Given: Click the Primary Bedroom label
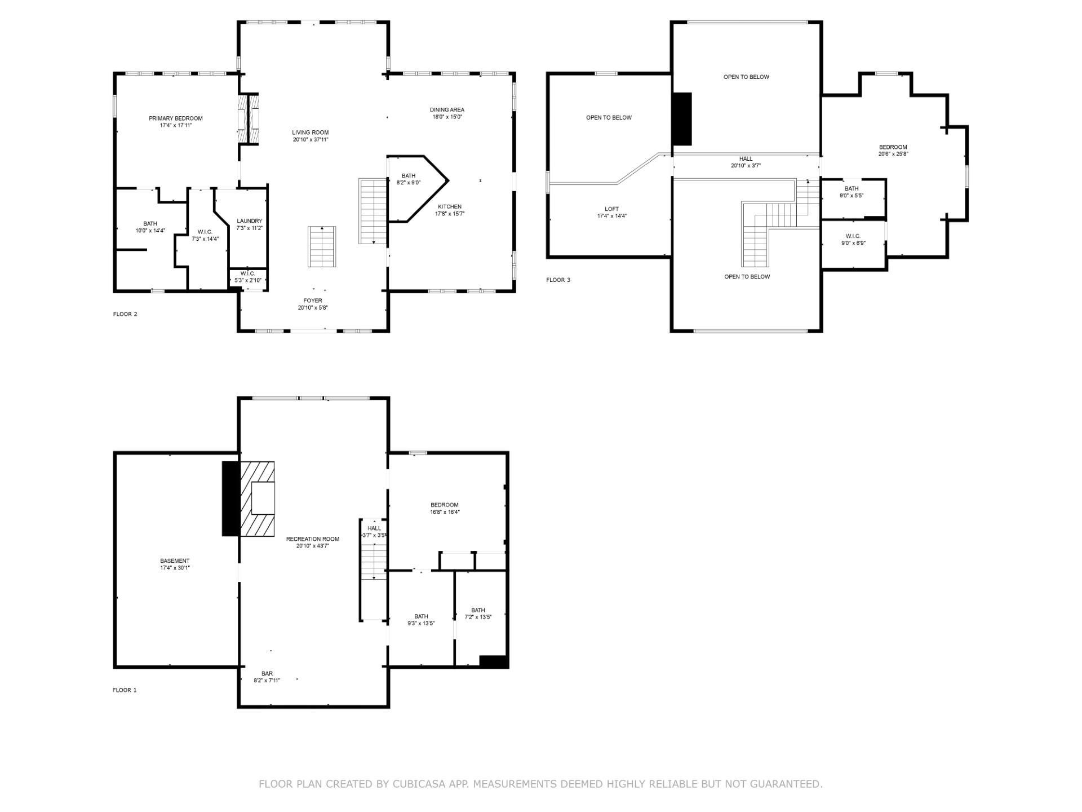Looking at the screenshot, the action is pos(176,118).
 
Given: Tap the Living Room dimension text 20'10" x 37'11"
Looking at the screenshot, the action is pos(311,140).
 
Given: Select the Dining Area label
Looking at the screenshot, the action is pos(447,110).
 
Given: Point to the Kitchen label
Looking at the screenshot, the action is pos(450,207).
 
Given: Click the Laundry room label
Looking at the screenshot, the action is pos(250,221).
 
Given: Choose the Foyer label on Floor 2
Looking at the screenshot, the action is pos(313,301).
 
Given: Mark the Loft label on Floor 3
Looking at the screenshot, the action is pos(611,209).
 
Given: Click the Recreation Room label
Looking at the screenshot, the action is pos(313,539).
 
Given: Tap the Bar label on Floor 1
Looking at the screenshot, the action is pos(267,674).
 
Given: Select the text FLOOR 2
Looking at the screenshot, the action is pos(125,314).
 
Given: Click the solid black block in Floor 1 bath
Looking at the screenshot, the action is pos(494,661).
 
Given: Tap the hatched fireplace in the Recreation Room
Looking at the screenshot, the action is pos(257,498).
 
